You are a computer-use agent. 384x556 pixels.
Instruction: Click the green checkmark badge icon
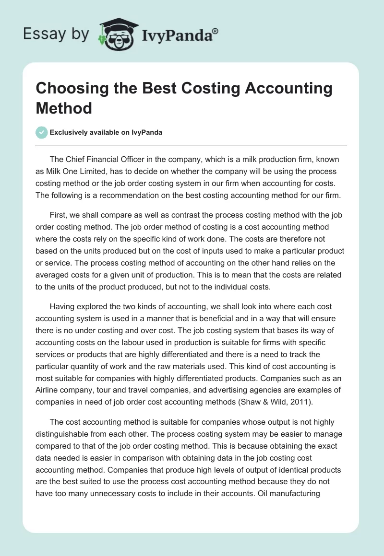pyautogui.click(x=42, y=132)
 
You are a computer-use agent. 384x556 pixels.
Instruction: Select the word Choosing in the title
pyautogui.click(x=72, y=89)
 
